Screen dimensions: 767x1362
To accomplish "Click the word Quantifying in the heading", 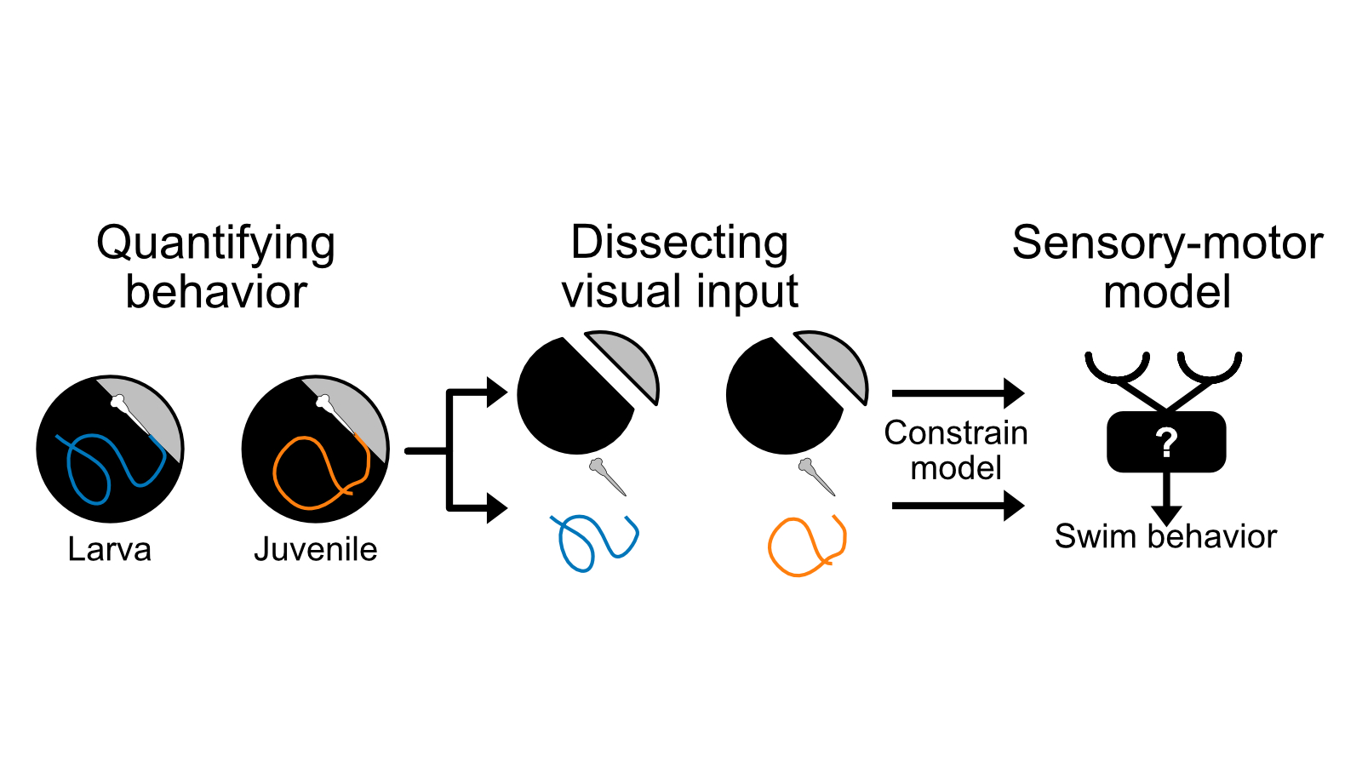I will point(215,244).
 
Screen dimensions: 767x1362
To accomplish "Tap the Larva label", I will point(109,550).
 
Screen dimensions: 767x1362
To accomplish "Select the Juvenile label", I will point(315,550).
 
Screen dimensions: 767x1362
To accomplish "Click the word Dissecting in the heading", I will point(679,243).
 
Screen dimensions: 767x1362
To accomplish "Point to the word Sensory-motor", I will point(1167,243).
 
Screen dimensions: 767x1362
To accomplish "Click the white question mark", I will point(1166,443).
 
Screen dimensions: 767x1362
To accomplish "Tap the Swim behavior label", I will point(1165,537).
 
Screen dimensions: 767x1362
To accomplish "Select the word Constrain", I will point(955,433).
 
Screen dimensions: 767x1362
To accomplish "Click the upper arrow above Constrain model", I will point(958,393).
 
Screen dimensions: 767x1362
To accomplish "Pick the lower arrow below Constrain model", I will point(958,506).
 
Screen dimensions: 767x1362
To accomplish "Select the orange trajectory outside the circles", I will point(805,546).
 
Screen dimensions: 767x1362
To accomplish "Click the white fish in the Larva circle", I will point(123,407).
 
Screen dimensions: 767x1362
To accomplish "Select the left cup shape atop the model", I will point(1118,369).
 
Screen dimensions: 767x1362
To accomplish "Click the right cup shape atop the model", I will point(1210,369).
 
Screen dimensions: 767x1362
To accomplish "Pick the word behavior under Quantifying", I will point(216,293).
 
